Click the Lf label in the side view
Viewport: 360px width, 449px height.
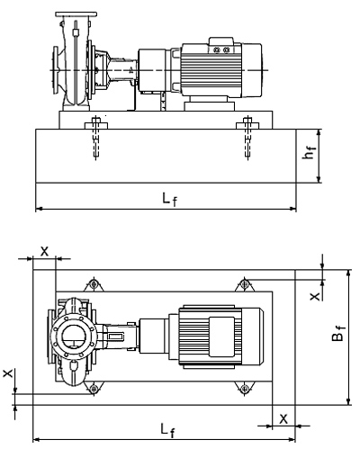169,199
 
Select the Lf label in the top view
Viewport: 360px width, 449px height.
167,430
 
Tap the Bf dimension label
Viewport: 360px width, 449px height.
338,334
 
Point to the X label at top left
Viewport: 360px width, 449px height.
44,251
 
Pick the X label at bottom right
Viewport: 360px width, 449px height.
283,418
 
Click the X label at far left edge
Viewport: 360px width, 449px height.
8,373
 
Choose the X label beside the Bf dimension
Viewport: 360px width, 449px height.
315,297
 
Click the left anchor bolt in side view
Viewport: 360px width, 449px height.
95,138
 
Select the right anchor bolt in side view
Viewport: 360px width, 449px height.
247,138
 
